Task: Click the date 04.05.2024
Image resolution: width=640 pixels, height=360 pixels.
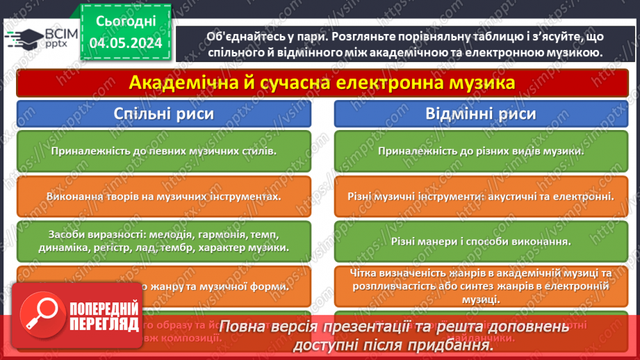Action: point(125,44)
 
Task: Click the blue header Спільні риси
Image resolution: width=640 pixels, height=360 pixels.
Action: point(163,114)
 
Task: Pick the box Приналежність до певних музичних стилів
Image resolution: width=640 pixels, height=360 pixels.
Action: point(163,150)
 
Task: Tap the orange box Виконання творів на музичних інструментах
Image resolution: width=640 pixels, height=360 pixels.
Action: point(163,196)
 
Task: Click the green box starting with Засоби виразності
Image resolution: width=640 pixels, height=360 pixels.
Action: point(163,240)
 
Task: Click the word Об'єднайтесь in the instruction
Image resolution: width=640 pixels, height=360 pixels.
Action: point(244,36)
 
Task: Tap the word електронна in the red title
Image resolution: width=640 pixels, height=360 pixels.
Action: point(386,83)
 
